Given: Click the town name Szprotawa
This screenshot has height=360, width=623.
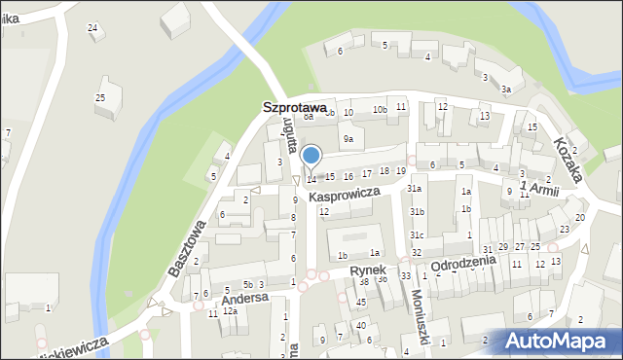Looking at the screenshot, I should pyautogui.click(x=300, y=110).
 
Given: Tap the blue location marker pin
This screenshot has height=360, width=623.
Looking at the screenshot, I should pyautogui.click(x=311, y=156).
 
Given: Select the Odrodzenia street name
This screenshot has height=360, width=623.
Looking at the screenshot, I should pyautogui.click(x=463, y=264).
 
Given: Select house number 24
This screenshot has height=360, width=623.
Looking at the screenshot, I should pyautogui.click(x=92, y=27).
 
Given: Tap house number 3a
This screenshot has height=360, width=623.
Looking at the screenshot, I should pyautogui.click(x=506, y=90).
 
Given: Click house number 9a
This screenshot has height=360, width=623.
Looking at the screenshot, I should pyautogui.click(x=347, y=140).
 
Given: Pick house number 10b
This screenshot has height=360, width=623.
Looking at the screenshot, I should pyautogui.click(x=381, y=110).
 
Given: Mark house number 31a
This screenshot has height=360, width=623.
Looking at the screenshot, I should pyautogui.click(x=414, y=189).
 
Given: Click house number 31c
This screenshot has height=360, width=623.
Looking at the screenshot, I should pyautogui.click(x=417, y=234).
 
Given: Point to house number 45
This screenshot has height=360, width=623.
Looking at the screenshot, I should pyautogui.click(x=361, y=302).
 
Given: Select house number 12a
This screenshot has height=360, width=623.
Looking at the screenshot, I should pyautogui.click(x=230, y=311).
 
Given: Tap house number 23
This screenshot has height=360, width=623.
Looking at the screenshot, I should pyautogui.click(x=565, y=230).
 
